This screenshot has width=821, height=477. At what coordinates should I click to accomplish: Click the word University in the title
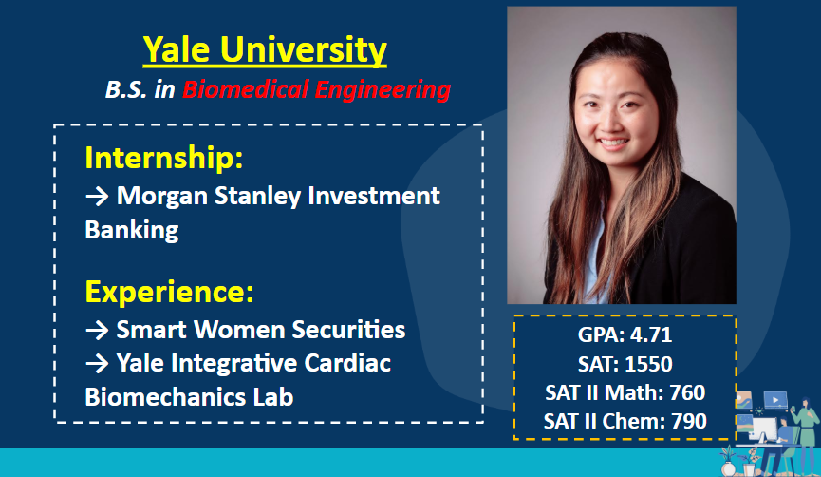pyautogui.click(x=303, y=50)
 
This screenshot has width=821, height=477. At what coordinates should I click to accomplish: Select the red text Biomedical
pyautogui.click(x=245, y=89)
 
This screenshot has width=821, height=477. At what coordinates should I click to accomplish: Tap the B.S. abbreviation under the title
pyautogui.click(x=126, y=89)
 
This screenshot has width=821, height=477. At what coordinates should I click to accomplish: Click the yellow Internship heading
pyautogui.click(x=164, y=157)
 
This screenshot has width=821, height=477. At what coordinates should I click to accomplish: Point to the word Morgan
pyautogui.click(x=161, y=197)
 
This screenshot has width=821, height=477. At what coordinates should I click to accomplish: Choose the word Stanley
pyautogui.click(x=257, y=196)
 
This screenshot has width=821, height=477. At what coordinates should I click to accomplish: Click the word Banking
pyautogui.click(x=131, y=230)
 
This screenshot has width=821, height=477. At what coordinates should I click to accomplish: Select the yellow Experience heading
pyautogui.click(x=169, y=292)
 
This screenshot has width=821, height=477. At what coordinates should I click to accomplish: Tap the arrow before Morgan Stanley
pyautogui.click(x=97, y=197)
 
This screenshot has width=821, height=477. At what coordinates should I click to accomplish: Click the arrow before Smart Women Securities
pyautogui.click(x=97, y=331)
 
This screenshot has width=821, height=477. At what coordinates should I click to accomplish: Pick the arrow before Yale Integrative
pyautogui.click(x=97, y=363)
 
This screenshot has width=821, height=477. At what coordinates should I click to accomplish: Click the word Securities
pyautogui.click(x=348, y=330)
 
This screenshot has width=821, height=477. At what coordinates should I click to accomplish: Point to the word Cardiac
pyautogui.click(x=347, y=363)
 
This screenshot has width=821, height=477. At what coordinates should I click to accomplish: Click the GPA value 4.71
pyautogui.click(x=651, y=335)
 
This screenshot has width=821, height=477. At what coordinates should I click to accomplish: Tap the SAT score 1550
pyautogui.click(x=648, y=364)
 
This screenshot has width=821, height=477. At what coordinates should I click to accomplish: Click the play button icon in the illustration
pyautogui.click(x=775, y=400)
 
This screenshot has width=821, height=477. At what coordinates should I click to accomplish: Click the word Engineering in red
pyautogui.click(x=383, y=89)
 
